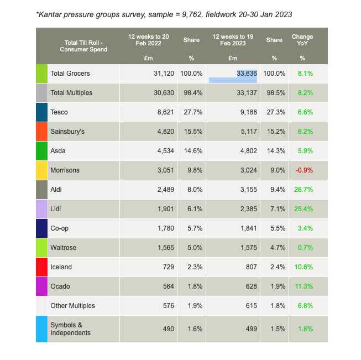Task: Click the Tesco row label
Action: tap(59, 112)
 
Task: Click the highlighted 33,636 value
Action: tap(247, 74)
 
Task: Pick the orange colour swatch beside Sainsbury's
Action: tap(41, 132)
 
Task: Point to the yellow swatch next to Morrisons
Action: tap(41, 170)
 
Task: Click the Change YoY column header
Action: tap(302, 41)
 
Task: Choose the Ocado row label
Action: tap(60, 286)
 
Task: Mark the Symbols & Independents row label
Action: tap(70, 328)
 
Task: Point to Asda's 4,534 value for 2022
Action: tap(163, 151)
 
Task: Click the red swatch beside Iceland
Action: tap(41, 267)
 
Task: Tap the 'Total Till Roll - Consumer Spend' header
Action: tap(83, 46)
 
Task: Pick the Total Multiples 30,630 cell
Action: tap(164, 93)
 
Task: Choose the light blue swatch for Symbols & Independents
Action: tap(41, 328)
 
